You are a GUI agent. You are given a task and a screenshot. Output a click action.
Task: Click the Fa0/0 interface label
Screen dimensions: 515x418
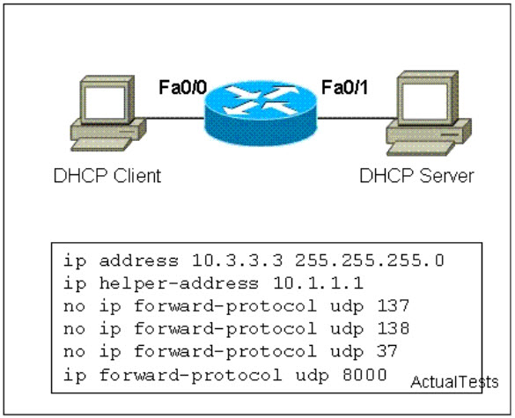pos(183,87)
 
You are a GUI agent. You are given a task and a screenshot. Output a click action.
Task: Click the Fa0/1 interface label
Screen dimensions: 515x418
pos(344,87)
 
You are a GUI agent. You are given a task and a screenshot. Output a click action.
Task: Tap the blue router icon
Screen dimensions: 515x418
pos(261,114)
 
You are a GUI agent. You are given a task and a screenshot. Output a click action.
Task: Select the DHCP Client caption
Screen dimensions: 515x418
pos(107,176)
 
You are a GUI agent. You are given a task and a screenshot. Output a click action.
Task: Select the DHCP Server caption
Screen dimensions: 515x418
pos(416,176)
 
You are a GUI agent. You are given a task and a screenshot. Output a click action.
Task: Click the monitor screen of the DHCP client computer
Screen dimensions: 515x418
pos(105,103)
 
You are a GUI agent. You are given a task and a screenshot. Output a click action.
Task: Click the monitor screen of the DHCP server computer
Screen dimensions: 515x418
pos(424,101)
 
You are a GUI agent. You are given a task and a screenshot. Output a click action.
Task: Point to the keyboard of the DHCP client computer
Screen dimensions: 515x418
pos(101,144)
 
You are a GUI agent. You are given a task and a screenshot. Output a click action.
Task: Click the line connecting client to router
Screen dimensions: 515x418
pos(175,118)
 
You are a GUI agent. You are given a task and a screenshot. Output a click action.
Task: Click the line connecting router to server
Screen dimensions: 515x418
pos(357,118)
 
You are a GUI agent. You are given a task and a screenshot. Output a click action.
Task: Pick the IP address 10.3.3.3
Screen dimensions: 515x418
pos(237,260)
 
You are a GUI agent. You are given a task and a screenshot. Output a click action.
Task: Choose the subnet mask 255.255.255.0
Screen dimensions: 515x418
pos(370,260)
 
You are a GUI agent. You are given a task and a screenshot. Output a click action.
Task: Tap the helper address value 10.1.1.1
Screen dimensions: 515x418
pos(318,283)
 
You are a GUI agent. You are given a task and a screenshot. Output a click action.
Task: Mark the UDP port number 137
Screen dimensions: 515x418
pos(393,306)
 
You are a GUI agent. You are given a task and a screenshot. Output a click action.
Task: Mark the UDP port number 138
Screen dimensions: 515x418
pos(393,329)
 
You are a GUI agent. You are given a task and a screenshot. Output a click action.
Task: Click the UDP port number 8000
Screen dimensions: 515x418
pos(364,375)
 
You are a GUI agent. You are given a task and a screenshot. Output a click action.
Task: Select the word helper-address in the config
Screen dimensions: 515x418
pos(179,283)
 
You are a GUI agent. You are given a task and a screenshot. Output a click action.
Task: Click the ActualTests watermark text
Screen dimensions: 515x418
pos(454,382)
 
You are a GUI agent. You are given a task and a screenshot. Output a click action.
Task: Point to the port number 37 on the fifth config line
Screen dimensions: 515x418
pos(386,352)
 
